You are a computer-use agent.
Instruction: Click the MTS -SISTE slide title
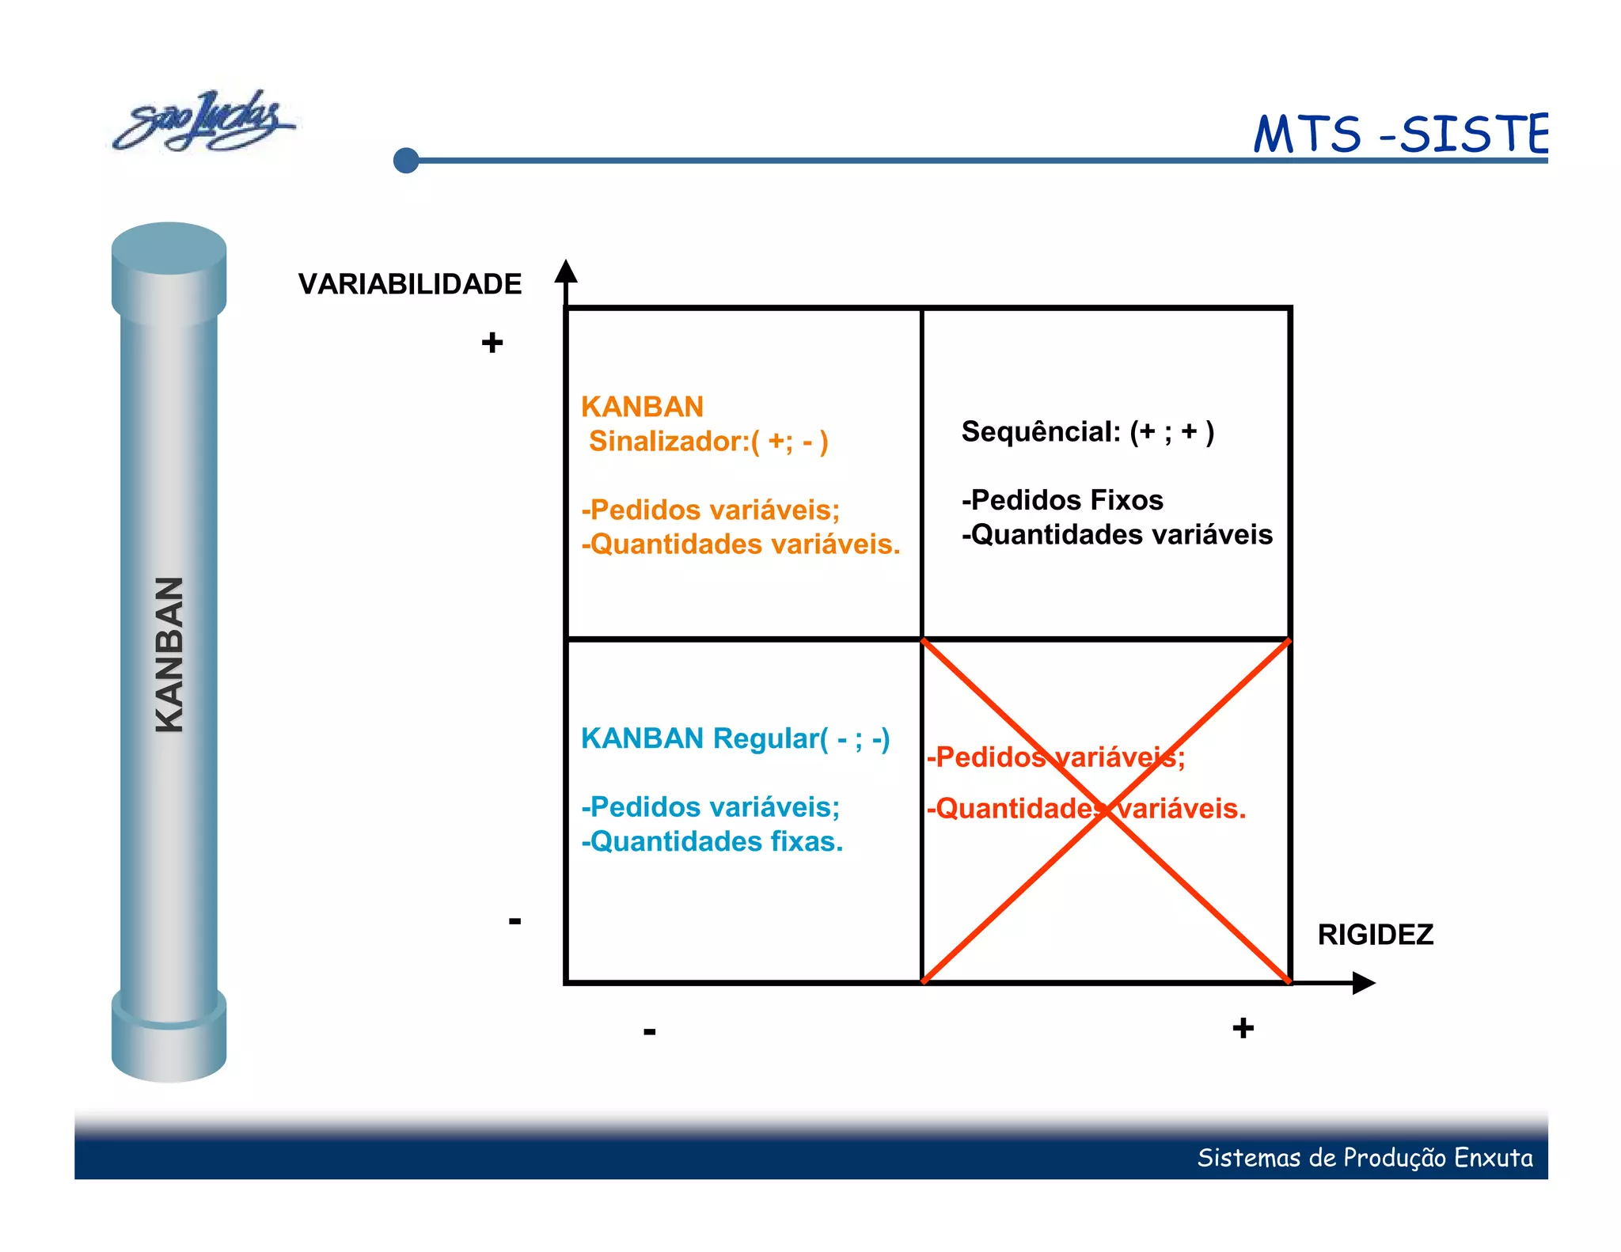[x=1399, y=135]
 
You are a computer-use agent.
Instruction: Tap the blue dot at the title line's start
[x=406, y=161]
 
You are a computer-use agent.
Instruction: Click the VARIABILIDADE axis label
[x=409, y=284]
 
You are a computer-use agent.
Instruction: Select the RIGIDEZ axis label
[x=1375, y=935]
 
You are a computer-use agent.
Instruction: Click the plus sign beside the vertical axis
[x=492, y=343]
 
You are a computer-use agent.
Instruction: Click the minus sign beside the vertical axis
[x=514, y=920]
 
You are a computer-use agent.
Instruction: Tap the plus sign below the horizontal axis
[x=1243, y=1028]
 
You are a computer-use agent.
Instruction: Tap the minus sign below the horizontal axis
[x=649, y=1030]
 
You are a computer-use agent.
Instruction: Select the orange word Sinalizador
[x=668, y=442]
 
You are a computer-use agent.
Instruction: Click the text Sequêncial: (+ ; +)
[x=1087, y=432]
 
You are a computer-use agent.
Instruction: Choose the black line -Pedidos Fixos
[x=1062, y=500]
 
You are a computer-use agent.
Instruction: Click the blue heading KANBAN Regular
[x=735, y=738]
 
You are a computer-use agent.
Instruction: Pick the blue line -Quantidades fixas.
[x=712, y=841]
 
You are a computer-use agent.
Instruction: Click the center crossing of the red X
[x=1107, y=812]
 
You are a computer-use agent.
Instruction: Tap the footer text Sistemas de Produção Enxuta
[x=1364, y=1158]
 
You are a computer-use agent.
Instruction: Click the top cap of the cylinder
[x=169, y=249]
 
